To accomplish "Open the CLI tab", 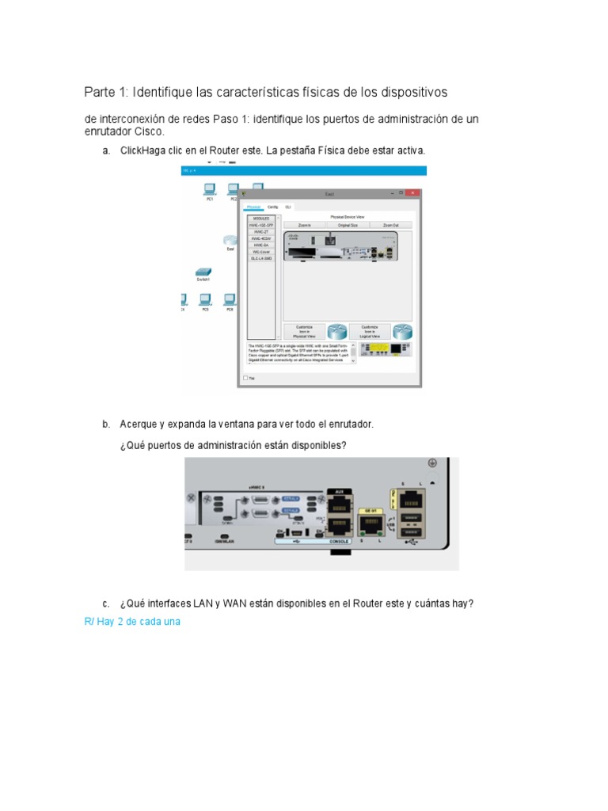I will pos(288,207).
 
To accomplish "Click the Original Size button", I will pos(348,225).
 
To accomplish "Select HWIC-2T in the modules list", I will pos(261,231).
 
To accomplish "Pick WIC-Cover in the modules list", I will pos(261,251).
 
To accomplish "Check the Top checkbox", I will pos(245,378).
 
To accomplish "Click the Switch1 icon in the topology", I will pos(203,272).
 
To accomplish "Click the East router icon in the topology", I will pos(230,242).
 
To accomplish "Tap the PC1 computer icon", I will pos(210,189).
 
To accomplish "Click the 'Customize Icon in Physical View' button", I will pos(305,331).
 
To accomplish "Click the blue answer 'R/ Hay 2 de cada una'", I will pos(132,622).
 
